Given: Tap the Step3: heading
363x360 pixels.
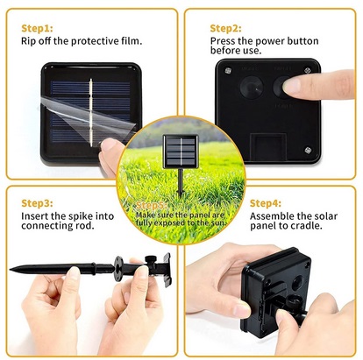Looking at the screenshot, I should [x=37, y=202].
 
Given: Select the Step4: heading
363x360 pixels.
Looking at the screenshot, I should [x=267, y=202].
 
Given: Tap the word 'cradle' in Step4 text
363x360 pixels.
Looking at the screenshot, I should [x=302, y=228].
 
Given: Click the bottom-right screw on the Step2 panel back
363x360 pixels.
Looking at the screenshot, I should [x=309, y=151].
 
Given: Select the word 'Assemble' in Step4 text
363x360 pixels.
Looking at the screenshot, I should [x=273, y=215].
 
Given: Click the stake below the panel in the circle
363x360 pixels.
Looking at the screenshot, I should [x=181, y=184].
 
